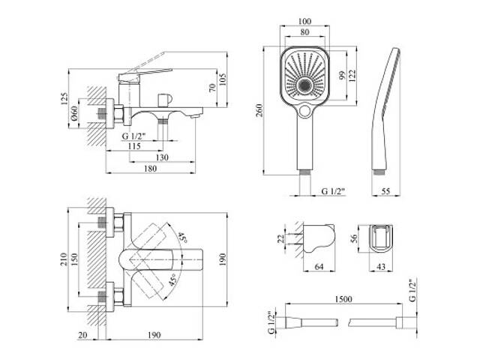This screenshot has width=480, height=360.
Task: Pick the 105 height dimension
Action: click(x=222, y=79)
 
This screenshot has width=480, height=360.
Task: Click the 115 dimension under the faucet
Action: click(x=133, y=146)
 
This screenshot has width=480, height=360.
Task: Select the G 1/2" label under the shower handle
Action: click(x=331, y=193)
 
